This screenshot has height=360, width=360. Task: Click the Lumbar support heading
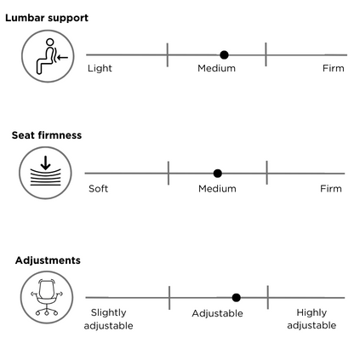pos(47,18)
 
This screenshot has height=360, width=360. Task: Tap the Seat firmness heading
pos(47,135)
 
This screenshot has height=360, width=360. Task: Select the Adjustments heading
pos(48,260)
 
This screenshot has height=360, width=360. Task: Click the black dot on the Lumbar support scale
pos(224,54)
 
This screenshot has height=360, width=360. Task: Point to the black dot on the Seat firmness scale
pos(218,173)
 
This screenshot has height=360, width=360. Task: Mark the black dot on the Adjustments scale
pos(237,298)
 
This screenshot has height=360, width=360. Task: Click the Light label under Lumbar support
pos(100,68)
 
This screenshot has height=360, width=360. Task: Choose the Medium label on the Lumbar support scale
pos(217,68)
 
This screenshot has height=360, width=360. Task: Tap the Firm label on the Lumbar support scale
pos(334,68)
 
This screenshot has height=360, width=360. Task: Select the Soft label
pos(99,189)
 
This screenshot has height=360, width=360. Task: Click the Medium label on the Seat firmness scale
pos(217,189)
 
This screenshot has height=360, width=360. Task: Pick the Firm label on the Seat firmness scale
pos(331,189)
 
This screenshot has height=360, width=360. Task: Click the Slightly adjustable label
pos(109,319)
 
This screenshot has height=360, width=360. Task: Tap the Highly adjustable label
pos(311,319)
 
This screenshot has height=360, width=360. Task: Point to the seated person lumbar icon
pos(48,56)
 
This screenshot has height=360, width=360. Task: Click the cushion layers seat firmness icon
pos(45,173)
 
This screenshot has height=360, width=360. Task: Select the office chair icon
pos(47,297)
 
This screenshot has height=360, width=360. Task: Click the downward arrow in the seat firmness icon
pos(45,163)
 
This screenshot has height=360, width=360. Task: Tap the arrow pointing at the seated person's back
pos(62,58)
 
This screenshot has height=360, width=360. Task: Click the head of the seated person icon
pos(50,43)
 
